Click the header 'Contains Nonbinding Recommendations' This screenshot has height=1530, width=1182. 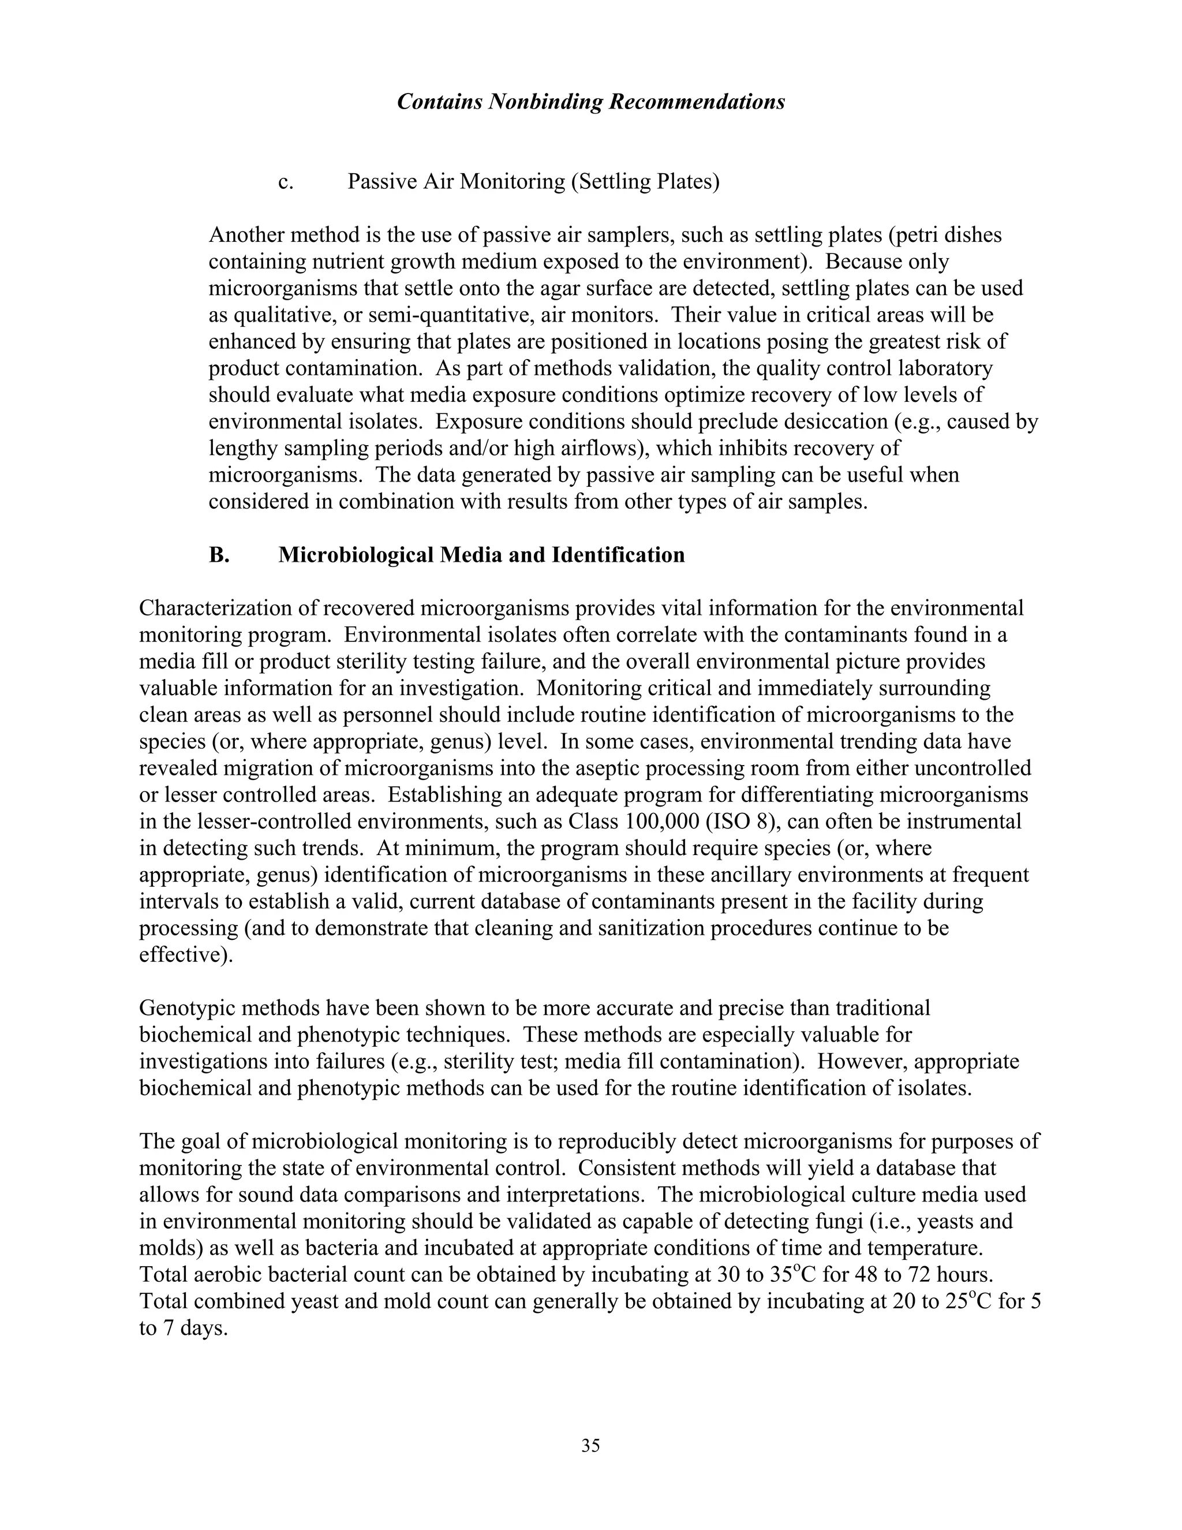coord(590,102)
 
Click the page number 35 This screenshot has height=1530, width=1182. coord(590,1445)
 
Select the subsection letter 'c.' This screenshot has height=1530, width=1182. coord(286,182)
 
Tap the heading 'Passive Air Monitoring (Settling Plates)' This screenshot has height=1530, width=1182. coord(533,182)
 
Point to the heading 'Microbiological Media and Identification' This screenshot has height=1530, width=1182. coord(481,555)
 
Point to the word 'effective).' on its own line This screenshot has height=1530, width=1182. coord(186,955)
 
